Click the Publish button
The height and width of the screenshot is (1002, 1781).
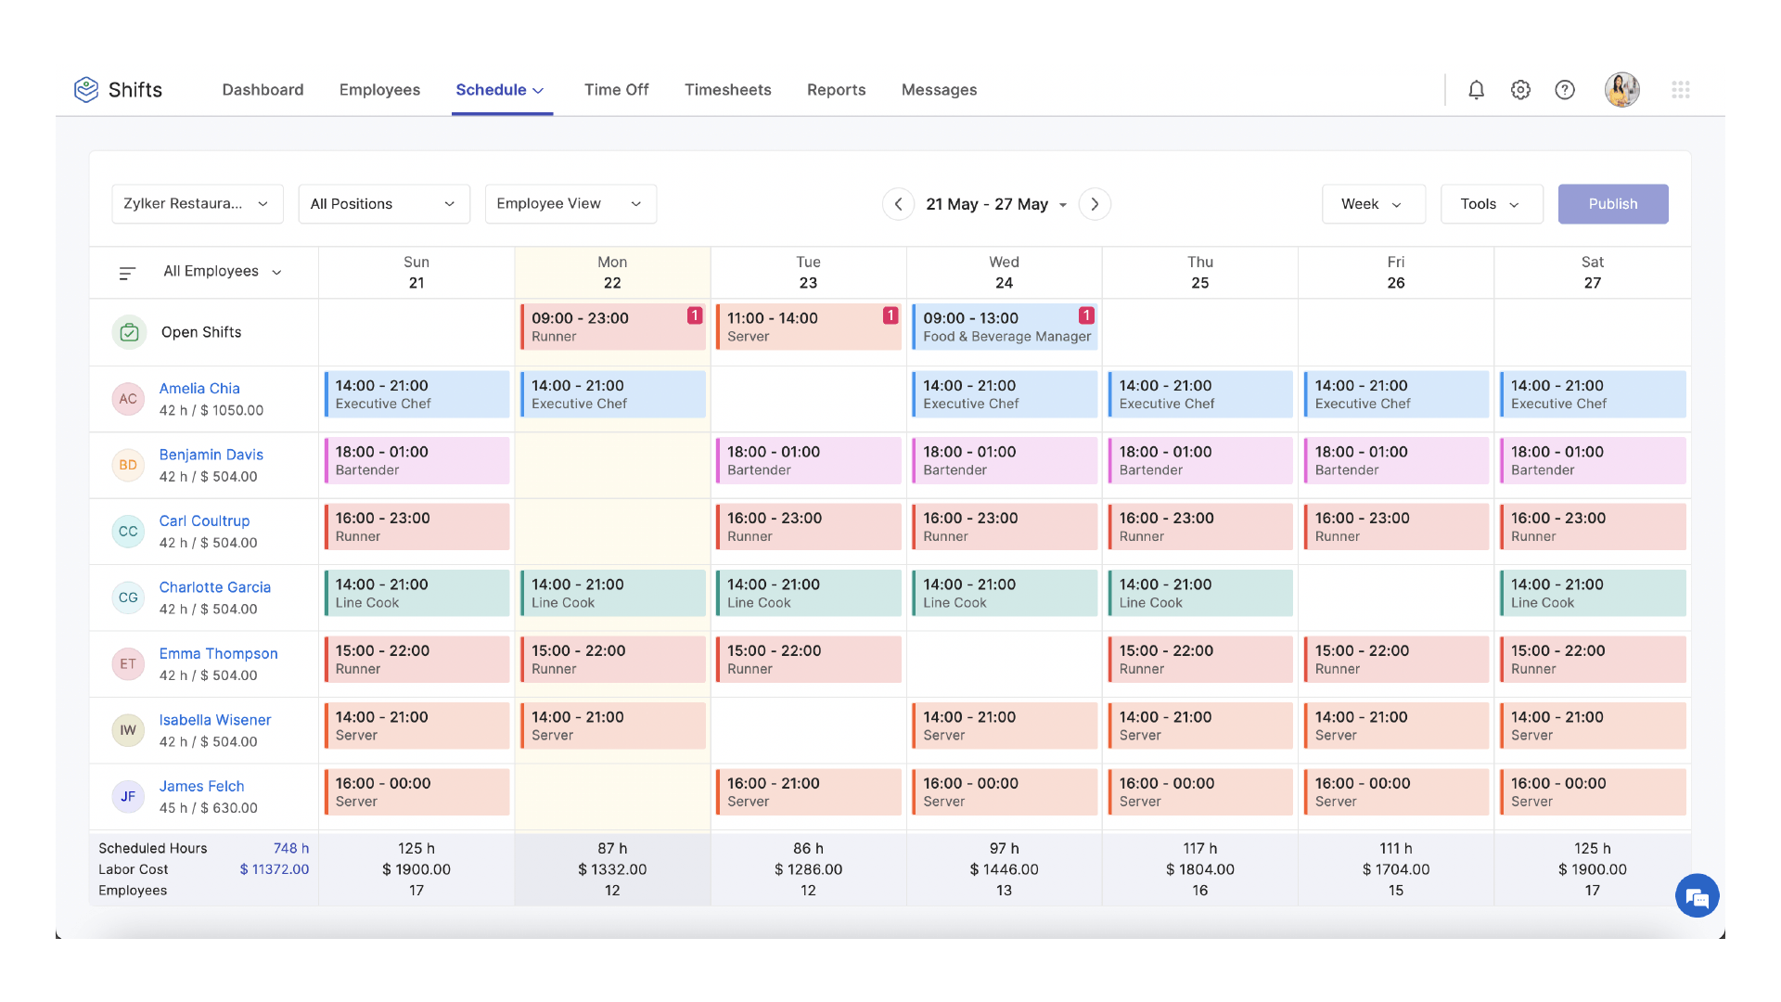(x=1612, y=204)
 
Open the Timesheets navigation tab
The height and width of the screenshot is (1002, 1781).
(x=727, y=90)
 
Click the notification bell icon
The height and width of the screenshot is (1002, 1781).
(x=1476, y=90)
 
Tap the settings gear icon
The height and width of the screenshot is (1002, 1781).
(x=1520, y=90)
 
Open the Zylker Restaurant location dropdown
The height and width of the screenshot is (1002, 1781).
(x=197, y=204)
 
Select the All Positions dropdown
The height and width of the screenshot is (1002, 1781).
(x=383, y=204)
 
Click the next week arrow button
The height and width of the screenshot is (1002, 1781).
(x=1095, y=204)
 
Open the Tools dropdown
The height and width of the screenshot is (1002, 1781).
(x=1491, y=204)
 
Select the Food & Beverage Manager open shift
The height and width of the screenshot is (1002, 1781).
(x=1005, y=328)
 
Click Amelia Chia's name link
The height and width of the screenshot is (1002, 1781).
(x=199, y=389)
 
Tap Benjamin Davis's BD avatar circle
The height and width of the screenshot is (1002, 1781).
(x=128, y=465)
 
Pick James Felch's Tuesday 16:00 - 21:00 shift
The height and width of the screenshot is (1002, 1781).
(x=808, y=792)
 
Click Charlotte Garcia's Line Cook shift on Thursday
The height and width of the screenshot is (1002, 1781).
(x=1199, y=594)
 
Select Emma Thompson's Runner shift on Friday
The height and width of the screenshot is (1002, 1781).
(x=1395, y=660)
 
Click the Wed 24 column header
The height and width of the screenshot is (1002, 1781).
(x=1004, y=273)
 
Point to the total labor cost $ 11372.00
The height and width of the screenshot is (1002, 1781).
(x=274, y=869)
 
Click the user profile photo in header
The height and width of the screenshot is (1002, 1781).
(x=1621, y=90)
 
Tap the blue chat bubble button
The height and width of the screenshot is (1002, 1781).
(x=1697, y=896)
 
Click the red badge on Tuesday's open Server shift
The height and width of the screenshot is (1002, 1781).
(x=890, y=315)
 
